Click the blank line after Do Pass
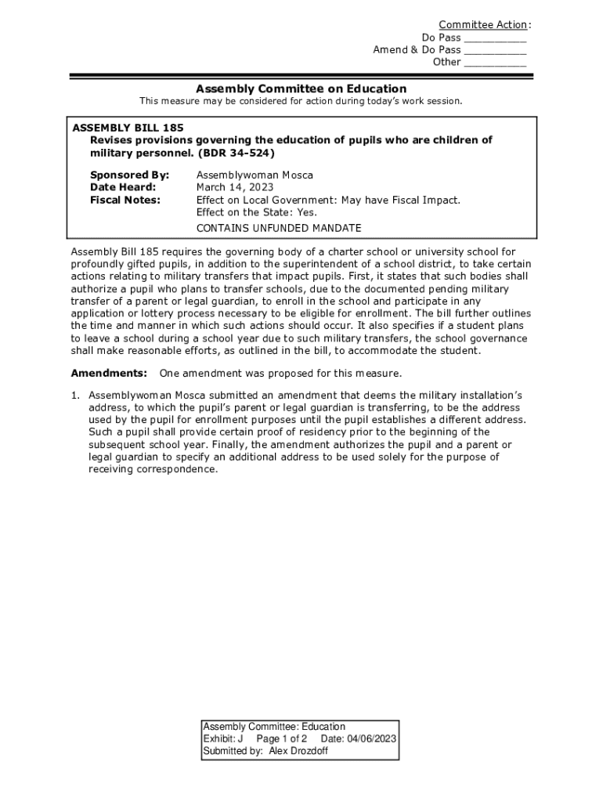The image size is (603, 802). [495, 38]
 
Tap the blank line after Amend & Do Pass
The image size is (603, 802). [495, 51]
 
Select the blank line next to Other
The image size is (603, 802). [495, 63]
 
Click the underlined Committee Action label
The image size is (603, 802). [482, 25]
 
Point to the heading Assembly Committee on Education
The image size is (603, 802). [301, 89]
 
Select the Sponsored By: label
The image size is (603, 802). [129, 175]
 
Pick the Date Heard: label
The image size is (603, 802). [123, 187]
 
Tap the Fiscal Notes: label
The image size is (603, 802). [125, 200]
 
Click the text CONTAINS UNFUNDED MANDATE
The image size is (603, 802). [279, 228]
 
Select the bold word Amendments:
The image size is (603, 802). [109, 373]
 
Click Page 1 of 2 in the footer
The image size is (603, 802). [281, 739]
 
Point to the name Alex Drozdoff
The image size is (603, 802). [298, 750]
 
